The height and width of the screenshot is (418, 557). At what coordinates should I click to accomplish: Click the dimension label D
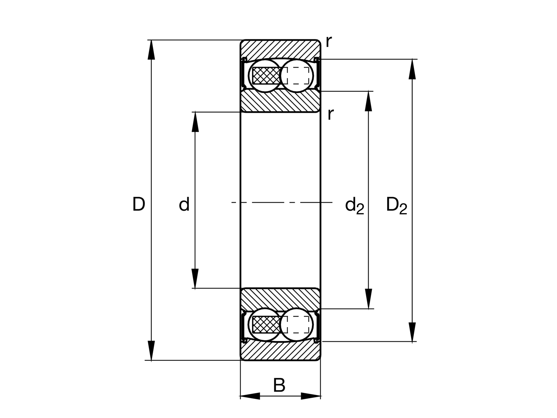139,204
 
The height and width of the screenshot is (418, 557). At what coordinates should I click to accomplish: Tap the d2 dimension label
354,206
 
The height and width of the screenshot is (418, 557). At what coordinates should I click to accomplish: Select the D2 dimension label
397,206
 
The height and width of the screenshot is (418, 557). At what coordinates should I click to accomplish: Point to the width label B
279,385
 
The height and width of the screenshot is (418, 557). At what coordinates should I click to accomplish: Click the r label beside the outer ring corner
329,41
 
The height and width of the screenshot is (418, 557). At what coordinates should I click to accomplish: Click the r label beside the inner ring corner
330,114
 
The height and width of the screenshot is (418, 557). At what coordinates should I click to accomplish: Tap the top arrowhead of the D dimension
151,50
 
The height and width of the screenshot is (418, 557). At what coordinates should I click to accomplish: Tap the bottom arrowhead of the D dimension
151,350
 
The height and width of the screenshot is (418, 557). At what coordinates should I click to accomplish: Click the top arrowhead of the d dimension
195,122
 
